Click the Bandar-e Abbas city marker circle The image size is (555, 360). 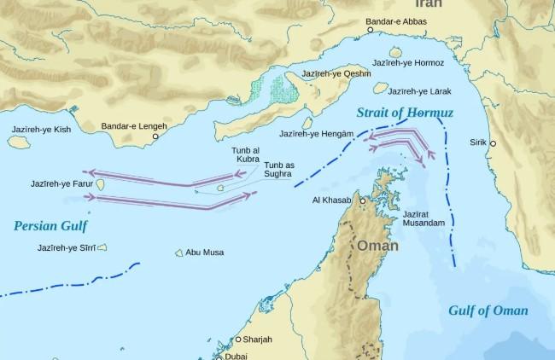click(x=370, y=30)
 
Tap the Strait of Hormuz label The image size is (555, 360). click(x=405, y=113)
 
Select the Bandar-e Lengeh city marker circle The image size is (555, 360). click(x=155, y=136)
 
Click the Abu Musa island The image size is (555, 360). click(x=179, y=253)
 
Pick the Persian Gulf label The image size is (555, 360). click(x=50, y=225)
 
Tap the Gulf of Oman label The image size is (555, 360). click(x=488, y=311)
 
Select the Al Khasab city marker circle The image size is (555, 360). click(x=362, y=201)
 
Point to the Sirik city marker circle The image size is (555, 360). click(x=494, y=143)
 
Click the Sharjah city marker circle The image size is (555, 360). click(x=238, y=340)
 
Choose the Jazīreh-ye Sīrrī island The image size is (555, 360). click(x=102, y=248)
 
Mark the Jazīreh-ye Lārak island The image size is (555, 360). click(x=381, y=87)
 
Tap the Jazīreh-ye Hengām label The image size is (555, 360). click(x=317, y=134)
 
